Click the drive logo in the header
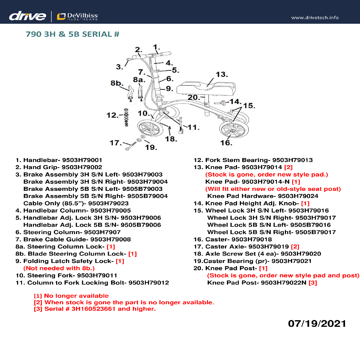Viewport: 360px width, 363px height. pos(27,16)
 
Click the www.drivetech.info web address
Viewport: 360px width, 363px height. pos(315,18)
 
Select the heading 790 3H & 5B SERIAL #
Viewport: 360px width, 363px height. pos(72,34)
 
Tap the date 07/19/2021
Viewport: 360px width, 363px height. pos(317,323)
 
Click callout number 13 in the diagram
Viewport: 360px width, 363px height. pos(222,75)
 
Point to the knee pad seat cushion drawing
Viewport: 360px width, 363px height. pos(206,88)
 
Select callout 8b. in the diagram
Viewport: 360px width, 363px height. pos(117,83)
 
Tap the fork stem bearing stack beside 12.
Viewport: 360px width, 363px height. pos(126,118)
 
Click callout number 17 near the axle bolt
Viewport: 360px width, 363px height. pos(115,143)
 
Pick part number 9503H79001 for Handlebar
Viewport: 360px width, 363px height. pos(82,160)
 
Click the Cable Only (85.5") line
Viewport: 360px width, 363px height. pos(76,203)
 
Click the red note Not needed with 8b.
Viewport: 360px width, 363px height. pos(59,268)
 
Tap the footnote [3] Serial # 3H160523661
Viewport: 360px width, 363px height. pos(95,309)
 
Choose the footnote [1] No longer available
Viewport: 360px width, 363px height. pos(71,296)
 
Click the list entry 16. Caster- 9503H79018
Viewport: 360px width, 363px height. pos(233,239)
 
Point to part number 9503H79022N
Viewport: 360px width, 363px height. pos(283,282)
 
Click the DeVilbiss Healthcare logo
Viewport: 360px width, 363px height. pos(78,16)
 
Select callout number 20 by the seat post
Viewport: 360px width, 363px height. pos(193,97)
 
